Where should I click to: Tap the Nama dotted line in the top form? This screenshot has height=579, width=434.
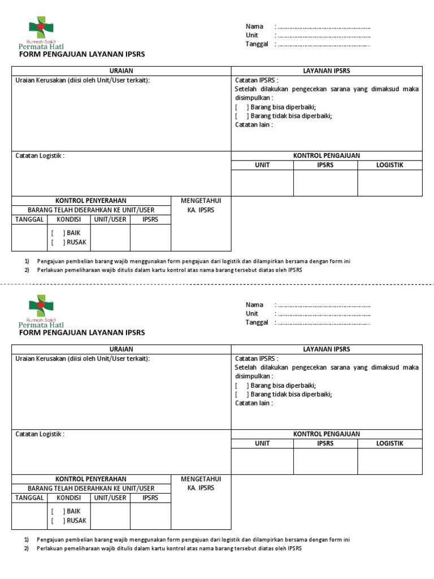323,27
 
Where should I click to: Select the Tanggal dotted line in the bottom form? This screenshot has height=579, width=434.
323,323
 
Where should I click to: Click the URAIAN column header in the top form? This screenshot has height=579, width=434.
121,71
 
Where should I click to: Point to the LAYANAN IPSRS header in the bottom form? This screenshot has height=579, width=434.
327,349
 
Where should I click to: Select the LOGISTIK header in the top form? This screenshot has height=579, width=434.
389,165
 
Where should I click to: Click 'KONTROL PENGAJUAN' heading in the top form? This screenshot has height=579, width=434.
326,155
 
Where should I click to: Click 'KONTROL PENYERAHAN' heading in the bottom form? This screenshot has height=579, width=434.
91,479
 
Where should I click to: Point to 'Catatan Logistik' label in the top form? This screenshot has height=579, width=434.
40,155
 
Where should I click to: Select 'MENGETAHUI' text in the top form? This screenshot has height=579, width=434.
201,201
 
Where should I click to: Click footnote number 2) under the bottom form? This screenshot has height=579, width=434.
26,548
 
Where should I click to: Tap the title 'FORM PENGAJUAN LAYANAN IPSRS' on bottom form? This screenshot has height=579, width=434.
82,332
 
